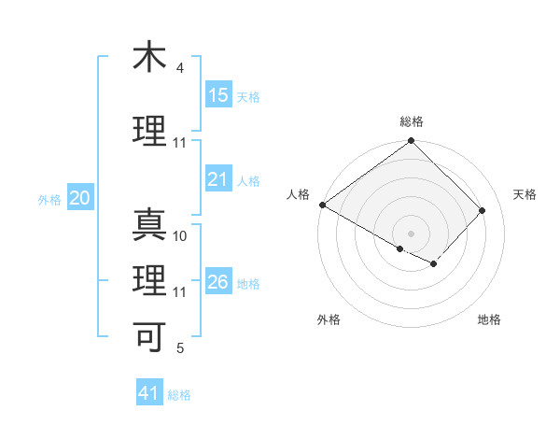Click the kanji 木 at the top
[149, 57]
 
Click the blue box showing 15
[218, 95]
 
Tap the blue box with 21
[218, 179]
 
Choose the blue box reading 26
[218, 282]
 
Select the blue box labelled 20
[80, 198]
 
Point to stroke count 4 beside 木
[180, 68]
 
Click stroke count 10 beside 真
[180, 236]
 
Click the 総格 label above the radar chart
[412, 121]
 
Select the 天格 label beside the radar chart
[525, 194]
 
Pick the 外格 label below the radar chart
[329, 320]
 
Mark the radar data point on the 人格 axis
[322, 205]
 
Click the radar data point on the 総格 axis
[411, 142]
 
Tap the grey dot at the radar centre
[411, 233]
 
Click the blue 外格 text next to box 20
[49, 199]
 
